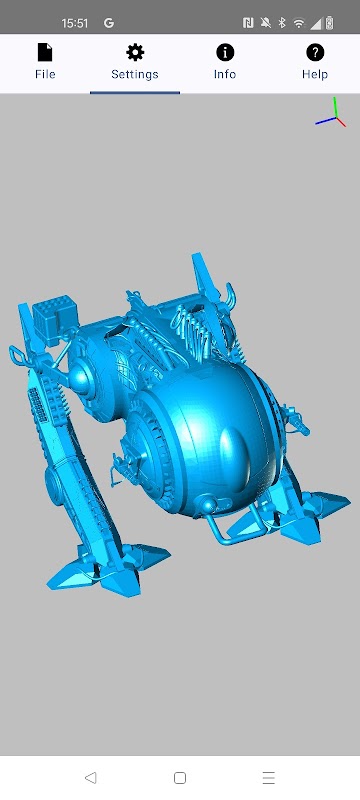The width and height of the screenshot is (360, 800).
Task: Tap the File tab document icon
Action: click(45, 52)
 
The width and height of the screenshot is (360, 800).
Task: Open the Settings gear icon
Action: click(135, 52)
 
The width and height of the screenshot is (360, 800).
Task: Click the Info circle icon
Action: click(225, 52)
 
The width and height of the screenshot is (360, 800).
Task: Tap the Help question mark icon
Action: click(315, 52)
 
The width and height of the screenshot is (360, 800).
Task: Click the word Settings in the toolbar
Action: click(135, 74)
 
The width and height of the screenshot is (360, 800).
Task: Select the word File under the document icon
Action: click(45, 74)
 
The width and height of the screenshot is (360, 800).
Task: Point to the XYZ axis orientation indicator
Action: click(331, 113)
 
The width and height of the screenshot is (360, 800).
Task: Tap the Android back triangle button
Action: click(90, 778)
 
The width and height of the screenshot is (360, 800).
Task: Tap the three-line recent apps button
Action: click(269, 778)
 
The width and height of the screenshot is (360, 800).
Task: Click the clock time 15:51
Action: click(75, 23)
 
